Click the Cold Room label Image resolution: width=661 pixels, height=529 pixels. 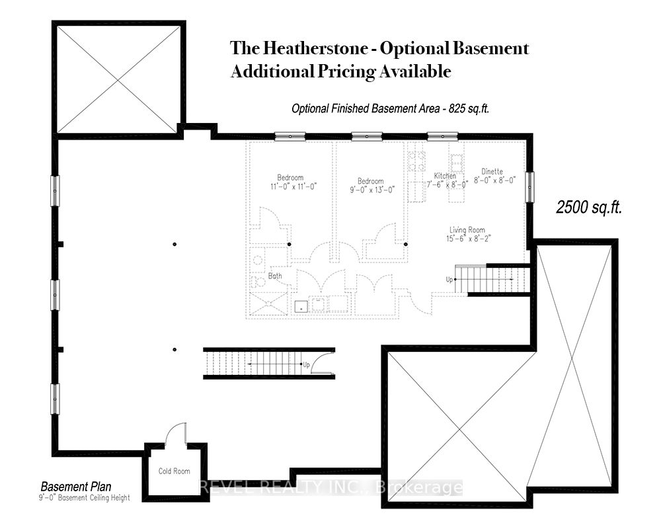click(x=174, y=471)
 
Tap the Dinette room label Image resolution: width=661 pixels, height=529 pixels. click(x=492, y=171)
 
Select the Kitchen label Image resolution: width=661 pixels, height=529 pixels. click(x=445, y=175)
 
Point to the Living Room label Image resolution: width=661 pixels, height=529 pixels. click(x=467, y=230)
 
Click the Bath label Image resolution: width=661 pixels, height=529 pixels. click(x=275, y=276)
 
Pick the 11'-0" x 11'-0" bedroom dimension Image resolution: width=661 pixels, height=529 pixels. click(x=293, y=186)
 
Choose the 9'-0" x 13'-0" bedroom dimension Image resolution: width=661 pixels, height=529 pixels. click(x=372, y=190)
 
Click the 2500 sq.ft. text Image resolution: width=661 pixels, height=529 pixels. click(x=589, y=208)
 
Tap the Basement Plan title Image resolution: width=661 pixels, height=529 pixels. click(x=76, y=487)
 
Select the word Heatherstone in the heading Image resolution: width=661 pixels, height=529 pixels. click(x=315, y=48)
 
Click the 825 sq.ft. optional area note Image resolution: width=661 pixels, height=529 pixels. click(x=469, y=108)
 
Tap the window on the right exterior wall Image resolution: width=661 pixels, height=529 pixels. click(x=529, y=187)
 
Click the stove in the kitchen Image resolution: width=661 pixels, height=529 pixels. click(x=415, y=159)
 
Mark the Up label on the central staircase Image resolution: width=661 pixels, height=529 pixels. click(x=307, y=364)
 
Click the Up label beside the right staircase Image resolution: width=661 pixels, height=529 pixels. click(x=449, y=280)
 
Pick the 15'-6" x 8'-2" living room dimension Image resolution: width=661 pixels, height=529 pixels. click(x=469, y=239)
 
